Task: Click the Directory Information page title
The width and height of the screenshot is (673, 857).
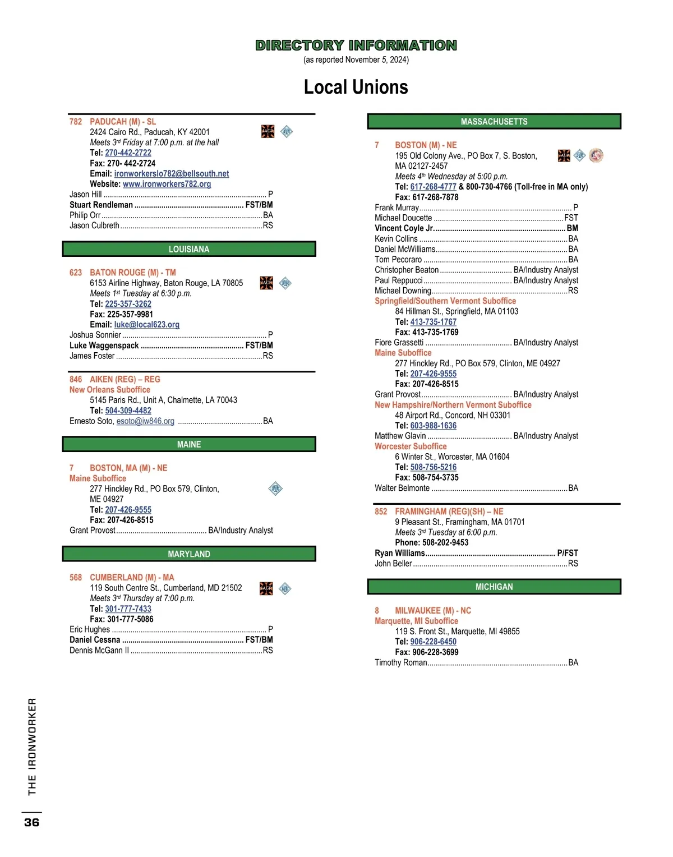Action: click(356, 45)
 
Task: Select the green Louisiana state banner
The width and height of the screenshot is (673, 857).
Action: click(189, 249)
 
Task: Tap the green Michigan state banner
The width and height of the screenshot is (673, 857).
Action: click(494, 587)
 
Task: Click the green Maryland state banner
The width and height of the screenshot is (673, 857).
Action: click(189, 554)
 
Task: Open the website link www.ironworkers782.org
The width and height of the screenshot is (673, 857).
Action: click(167, 184)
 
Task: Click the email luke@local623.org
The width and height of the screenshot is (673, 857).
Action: click(146, 325)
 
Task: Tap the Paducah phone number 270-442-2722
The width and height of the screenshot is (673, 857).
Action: click(128, 153)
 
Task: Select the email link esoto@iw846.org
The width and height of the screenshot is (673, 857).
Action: click(145, 421)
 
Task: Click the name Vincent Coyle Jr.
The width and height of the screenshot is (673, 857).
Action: click(404, 228)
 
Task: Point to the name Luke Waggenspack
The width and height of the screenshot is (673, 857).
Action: click(104, 345)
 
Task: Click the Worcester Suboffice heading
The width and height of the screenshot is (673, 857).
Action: click(411, 446)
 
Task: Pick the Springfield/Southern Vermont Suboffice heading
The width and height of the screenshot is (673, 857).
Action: click(445, 301)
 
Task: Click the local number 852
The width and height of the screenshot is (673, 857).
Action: click(381, 512)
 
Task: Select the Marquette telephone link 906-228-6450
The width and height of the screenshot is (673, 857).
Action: click(433, 642)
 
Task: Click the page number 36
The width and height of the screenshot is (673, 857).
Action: click(31, 822)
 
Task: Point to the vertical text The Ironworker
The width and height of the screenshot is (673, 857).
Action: click(32, 746)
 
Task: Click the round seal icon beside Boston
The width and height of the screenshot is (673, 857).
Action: click(596, 155)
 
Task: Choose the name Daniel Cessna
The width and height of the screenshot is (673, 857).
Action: click(95, 640)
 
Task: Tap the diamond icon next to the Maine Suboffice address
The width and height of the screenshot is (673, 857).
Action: click(275, 489)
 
